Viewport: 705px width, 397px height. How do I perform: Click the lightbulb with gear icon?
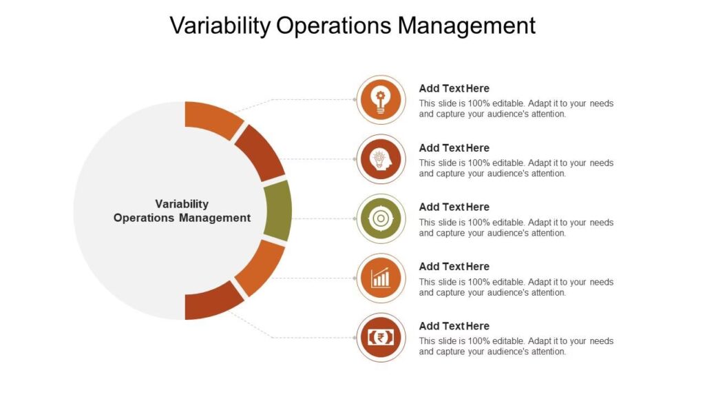click(381, 100)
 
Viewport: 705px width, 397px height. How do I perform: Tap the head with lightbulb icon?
click(380, 159)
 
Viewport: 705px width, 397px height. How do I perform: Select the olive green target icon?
click(381, 218)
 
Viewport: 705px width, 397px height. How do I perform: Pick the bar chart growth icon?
click(380, 278)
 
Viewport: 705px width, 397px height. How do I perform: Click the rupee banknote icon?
click(381, 338)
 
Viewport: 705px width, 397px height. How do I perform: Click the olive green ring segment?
click(278, 211)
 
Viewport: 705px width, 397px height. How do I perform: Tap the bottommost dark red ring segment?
click(212, 303)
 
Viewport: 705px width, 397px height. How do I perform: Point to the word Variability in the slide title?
click(220, 26)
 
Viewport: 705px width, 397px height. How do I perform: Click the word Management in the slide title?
click(466, 26)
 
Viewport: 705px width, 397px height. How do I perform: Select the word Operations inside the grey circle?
click(144, 218)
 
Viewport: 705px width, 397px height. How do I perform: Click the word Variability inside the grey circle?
click(182, 204)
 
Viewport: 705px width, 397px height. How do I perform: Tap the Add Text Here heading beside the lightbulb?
click(454, 88)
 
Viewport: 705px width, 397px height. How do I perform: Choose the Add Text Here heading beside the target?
click(454, 207)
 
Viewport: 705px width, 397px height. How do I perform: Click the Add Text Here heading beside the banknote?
click(454, 326)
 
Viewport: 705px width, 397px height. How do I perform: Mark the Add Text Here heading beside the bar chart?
click(454, 267)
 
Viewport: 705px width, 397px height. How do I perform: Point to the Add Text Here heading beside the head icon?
click(454, 147)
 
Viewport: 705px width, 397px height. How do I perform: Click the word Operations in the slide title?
click(334, 26)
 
